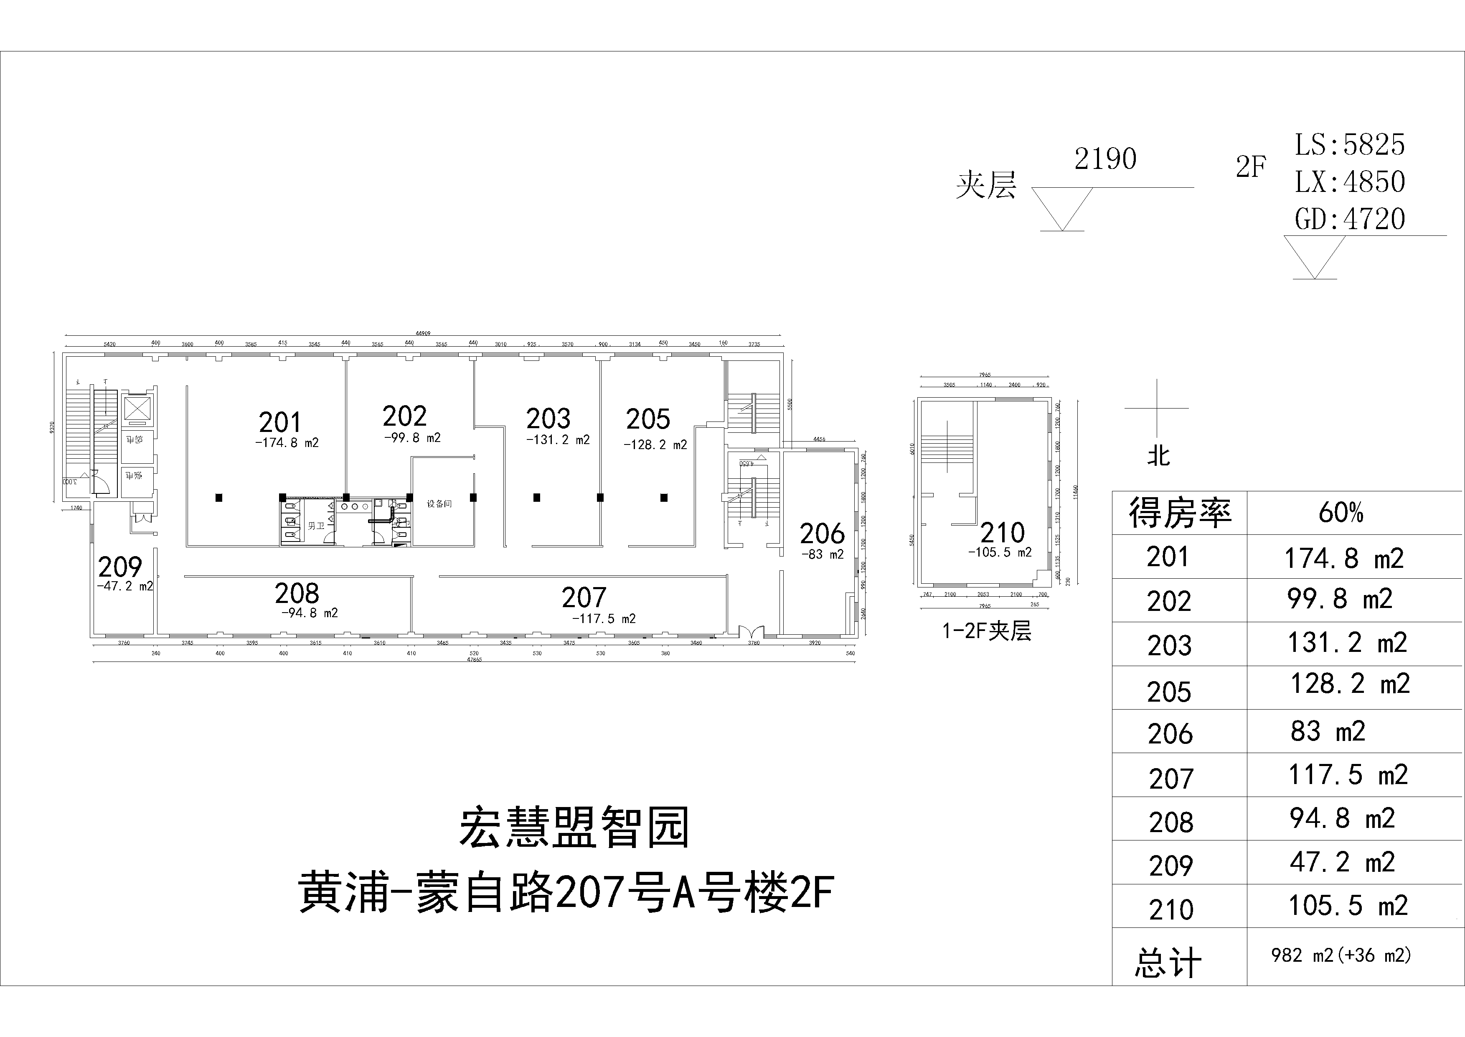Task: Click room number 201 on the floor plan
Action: pos(279,423)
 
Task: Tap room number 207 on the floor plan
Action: pos(583,598)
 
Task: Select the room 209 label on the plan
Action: pos(119,567)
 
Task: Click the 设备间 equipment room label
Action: pos(439,504)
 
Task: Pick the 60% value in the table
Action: pos(1341,513)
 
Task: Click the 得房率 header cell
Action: pos(1179,513)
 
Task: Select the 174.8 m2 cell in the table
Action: pos(1344,559)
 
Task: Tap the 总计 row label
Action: pos(1168,963)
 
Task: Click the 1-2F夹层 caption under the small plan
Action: pos(986,631)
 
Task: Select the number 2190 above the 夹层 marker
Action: pos(1105,159)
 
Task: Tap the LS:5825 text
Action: pos(1350,145)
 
